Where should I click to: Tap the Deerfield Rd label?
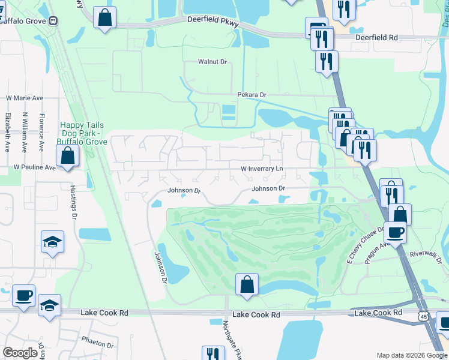pyautogui.click(x=376, y=37)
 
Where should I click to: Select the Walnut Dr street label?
pyautogui.click(x=212, y=62)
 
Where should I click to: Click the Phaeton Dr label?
pyautogui.click(x=97, y=345)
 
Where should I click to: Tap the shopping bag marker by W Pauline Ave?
pyautogui.click(x=68, y=156)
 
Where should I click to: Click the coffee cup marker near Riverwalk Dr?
pyautogui.click(x=396, y=232)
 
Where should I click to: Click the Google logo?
pyautogui.click(x=20, y=353)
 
